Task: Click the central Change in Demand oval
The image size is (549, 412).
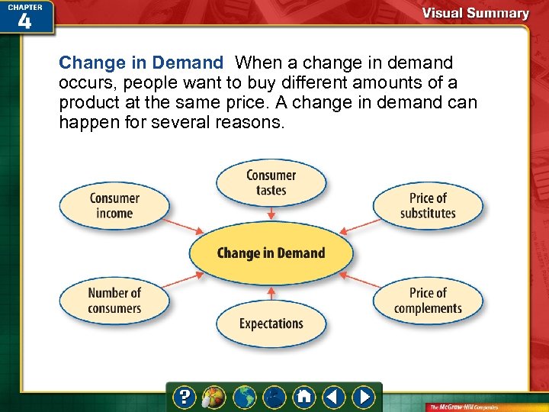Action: [271, 253]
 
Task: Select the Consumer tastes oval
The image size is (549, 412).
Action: [271, 182]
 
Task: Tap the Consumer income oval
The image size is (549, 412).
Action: [114, 205]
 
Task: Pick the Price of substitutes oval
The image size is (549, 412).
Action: [428, 205]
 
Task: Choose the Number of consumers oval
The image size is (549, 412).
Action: [114, 300]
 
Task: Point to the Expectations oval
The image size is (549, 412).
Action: [271, 323]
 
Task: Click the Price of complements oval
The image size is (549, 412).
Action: [428, 300]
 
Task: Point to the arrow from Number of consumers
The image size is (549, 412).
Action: [185, 279]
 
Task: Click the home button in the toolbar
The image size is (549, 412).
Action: [304, 397]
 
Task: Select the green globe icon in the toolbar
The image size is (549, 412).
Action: [246, 397]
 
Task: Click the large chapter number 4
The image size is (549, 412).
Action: [24, 21]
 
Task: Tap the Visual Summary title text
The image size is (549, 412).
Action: [476, 13]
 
